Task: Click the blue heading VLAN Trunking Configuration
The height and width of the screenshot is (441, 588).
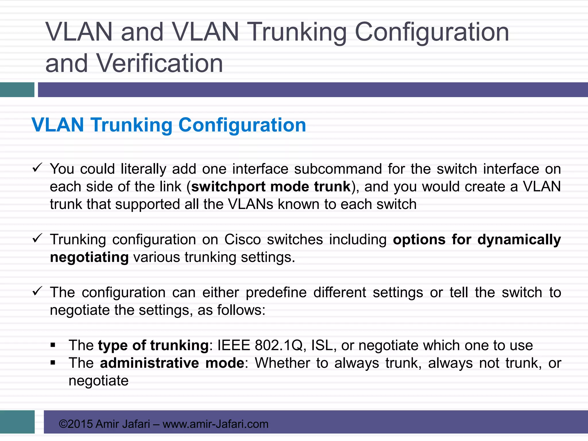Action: (x=169, y=125)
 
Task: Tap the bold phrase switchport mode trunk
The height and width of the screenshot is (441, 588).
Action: (x=271, y=187)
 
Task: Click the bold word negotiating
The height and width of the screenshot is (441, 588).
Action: (x=89, y=257)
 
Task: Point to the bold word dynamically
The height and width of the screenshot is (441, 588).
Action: (x=519, y=239)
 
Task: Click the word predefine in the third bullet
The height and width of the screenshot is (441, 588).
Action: (x=276, y=293)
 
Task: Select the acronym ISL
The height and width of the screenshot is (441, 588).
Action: (x=322, y=345)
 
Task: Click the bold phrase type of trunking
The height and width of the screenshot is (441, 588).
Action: (x=153, y=345)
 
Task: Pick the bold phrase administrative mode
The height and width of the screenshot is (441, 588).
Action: (x=172, y=363)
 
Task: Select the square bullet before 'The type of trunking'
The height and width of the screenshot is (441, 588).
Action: (x=53, y=345)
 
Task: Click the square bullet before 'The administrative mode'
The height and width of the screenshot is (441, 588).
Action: (x=53, y=363)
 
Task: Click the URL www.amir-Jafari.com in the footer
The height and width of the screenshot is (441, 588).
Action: (x=215, y=424)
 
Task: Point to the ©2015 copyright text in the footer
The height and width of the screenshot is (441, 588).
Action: (x=76, y=424)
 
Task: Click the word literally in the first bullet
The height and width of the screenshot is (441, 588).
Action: (x=143, y=169)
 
